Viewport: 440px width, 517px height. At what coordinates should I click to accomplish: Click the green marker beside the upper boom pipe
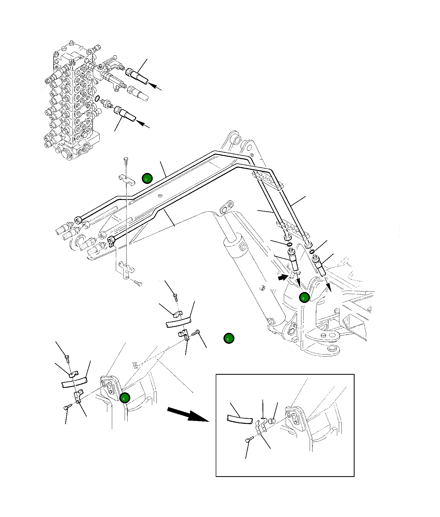147,179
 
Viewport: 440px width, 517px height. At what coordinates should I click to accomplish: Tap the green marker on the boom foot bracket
304,297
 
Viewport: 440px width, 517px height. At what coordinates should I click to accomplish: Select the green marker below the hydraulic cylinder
229,338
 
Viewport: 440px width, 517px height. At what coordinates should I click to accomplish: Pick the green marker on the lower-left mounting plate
125,398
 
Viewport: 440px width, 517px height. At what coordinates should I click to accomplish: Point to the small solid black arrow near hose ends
282,278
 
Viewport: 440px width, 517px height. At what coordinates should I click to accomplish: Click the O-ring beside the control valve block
97,98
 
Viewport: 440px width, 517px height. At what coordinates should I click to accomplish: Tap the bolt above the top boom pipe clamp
126,161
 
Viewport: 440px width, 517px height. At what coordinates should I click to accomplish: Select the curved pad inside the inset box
239,419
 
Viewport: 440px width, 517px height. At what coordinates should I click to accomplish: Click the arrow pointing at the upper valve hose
155,87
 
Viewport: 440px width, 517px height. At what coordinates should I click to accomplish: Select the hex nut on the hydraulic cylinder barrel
262,288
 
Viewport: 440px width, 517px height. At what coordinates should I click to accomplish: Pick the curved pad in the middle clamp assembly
178,322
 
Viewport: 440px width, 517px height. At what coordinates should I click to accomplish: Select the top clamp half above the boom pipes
127,179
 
